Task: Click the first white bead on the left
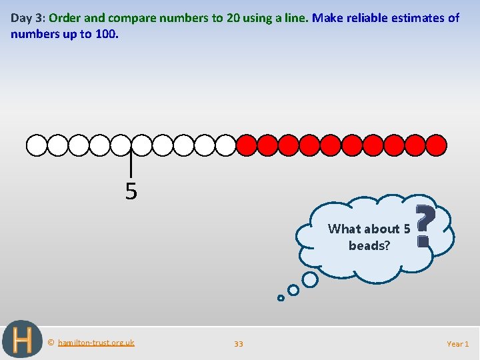click(x=37, y=145)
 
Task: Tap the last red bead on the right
click(x=436, y=145)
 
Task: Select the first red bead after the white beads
click(x=247, y=145)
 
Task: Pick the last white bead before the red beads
click(x=225, y=145)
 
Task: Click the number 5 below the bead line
click(x=131, y=192)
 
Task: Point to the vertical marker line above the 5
click(x=131, y=165)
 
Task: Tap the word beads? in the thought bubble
click(x=369, y=245)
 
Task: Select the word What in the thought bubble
click(x=343, y=229)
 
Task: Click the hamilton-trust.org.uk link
click(x=96, y=343)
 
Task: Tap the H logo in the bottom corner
click(x=22, y=340)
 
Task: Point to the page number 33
click(x=239, y=344)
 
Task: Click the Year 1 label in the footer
click(x=457, y=344)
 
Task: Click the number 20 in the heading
click(x=233, y=18)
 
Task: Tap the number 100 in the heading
click(x=107, y=33)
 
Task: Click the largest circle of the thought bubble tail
click(x=309, y=280)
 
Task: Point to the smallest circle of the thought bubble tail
click(x=281, y=298)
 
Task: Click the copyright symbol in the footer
click(x=51, y=343)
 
